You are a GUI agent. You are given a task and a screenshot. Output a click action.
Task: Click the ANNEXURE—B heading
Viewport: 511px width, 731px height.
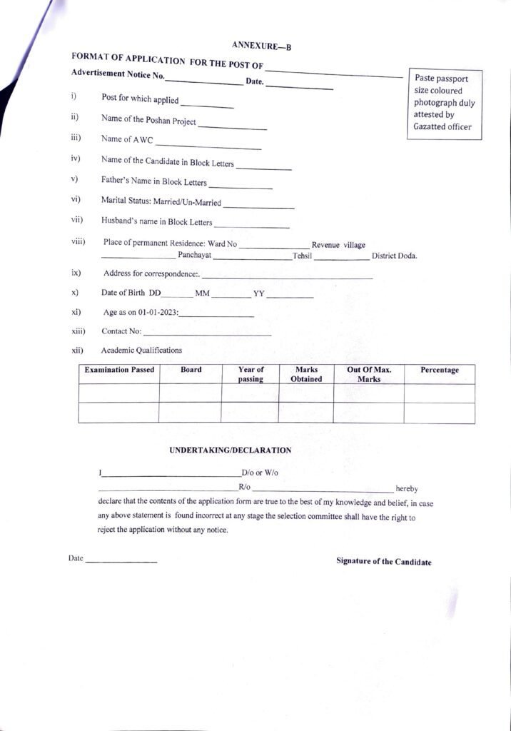click(x=262, y=46)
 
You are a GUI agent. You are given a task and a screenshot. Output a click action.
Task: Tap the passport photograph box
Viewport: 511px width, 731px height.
click(x=444, y=104)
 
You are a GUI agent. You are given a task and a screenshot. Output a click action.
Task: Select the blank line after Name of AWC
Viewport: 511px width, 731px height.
click(x=208, y=144)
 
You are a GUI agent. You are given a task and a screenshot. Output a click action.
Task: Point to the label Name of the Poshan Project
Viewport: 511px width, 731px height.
click(x=148, y=120)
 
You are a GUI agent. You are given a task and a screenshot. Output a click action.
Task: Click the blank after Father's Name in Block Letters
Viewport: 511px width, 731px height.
click(x=241, y=185)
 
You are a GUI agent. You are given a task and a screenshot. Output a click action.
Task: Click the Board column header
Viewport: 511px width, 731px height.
click(x=191, y=370)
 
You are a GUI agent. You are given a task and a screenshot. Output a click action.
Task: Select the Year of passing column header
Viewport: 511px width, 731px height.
click(x=251, y=374)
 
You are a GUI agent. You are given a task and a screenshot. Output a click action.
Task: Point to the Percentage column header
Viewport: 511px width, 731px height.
click(x=440, y=370)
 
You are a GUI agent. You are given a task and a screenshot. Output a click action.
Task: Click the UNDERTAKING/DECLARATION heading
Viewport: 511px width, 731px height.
click(x=231, y=450)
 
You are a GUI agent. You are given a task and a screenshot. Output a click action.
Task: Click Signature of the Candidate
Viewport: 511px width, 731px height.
click(x=384, y=562)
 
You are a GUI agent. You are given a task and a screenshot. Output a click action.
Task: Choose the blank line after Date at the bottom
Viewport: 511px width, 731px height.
click(x=121, y=561)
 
